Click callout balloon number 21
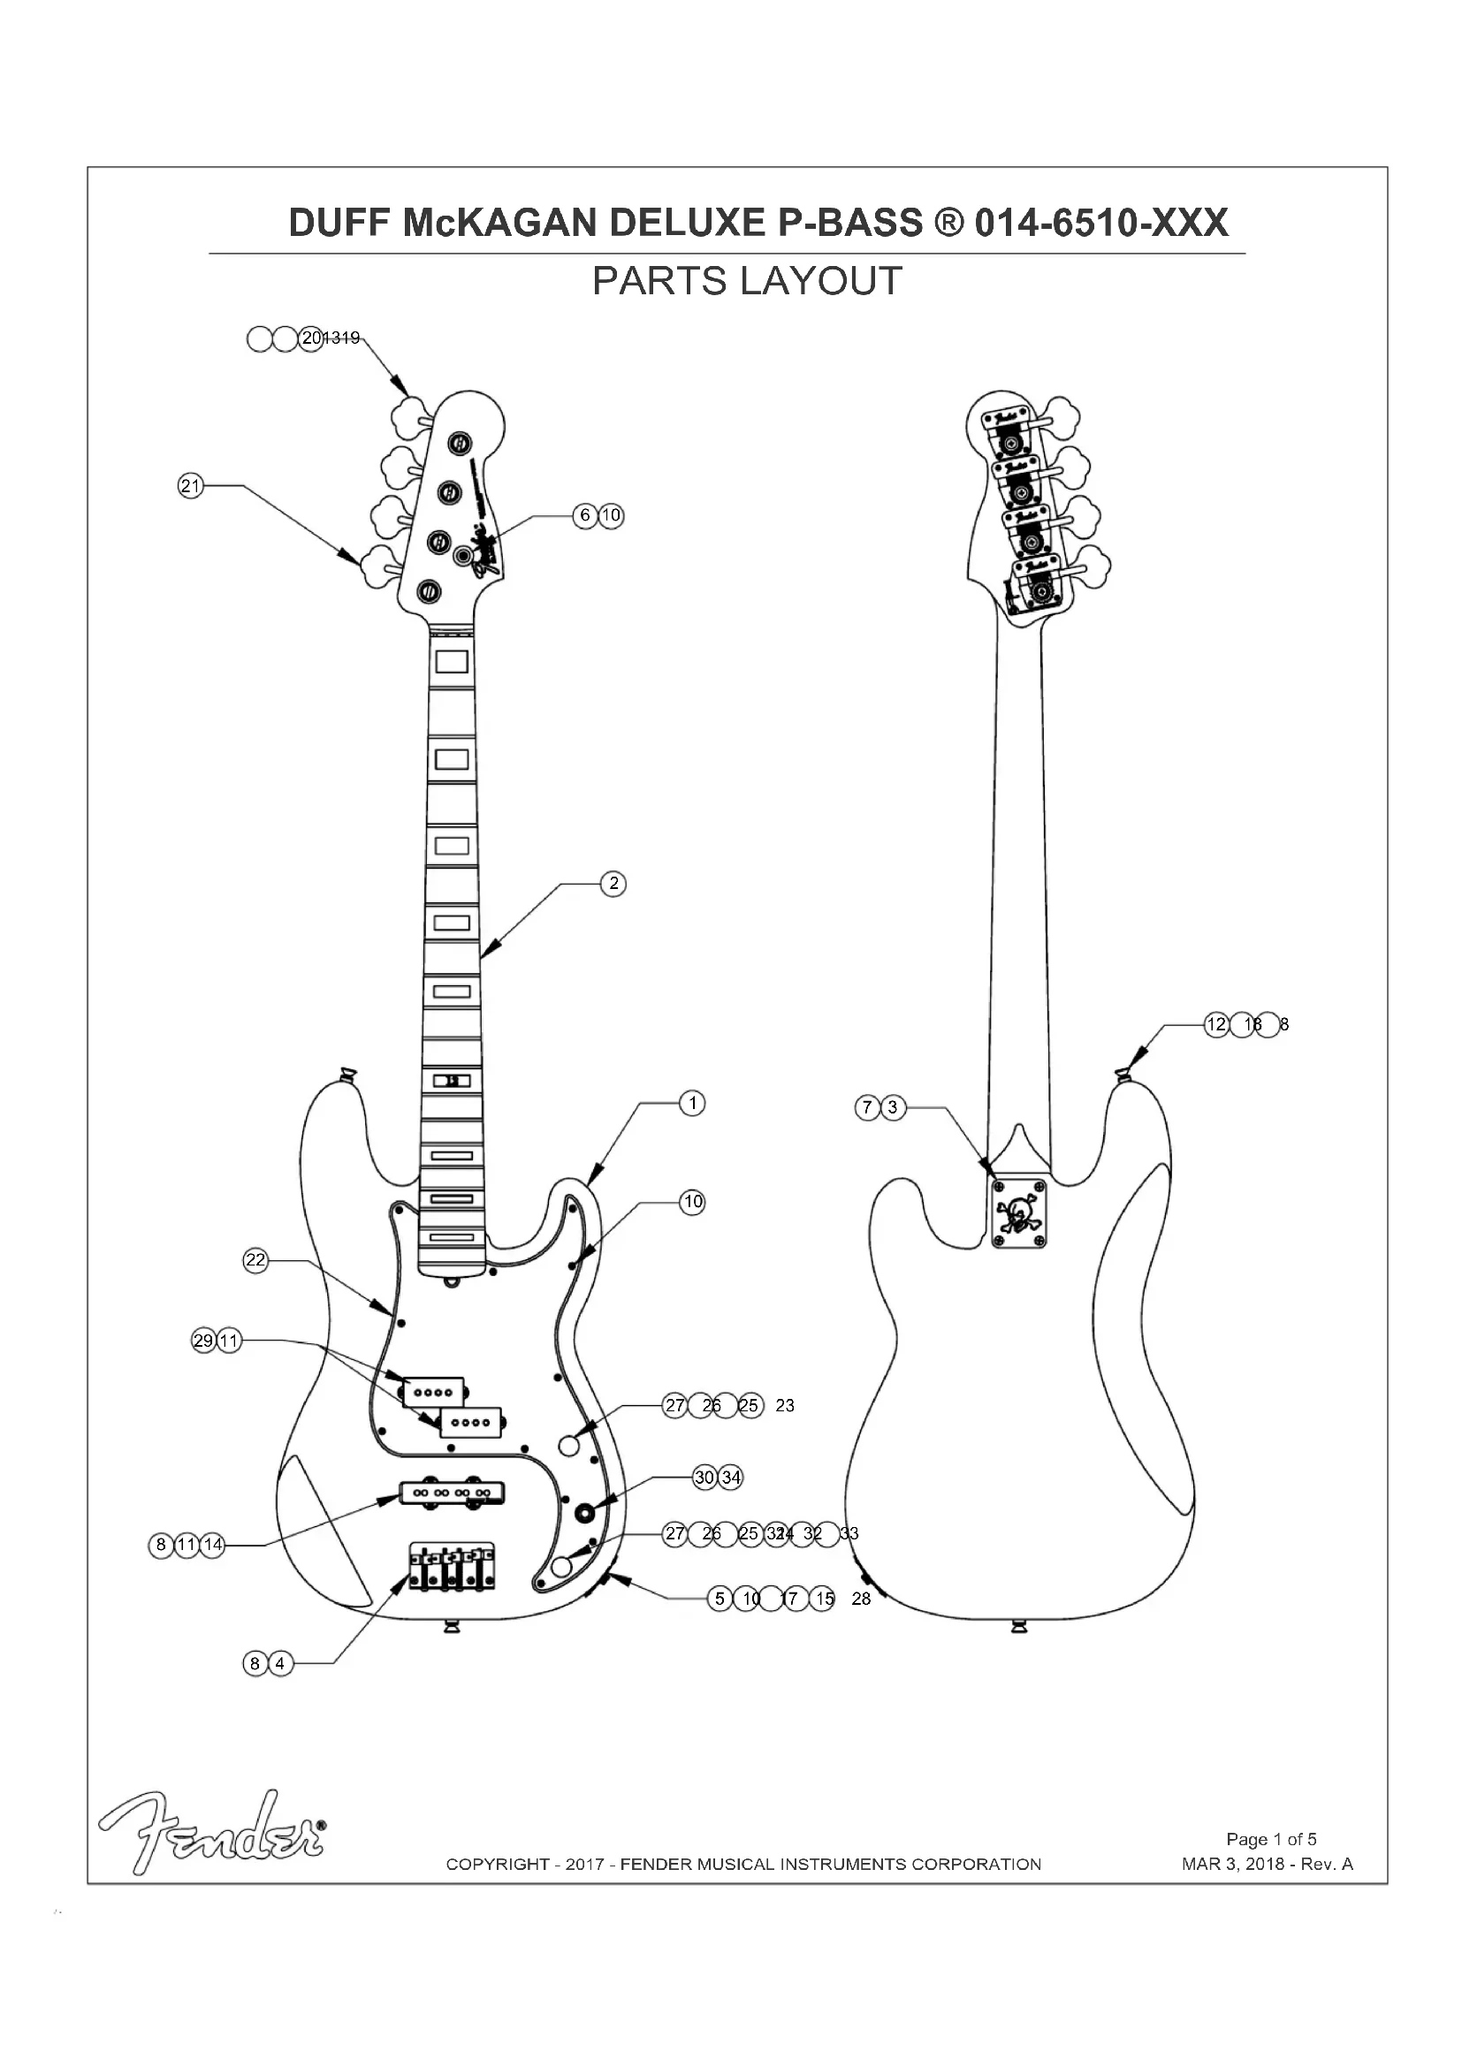(190, 486)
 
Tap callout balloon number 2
(613, 883)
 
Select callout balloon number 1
(692, 1103)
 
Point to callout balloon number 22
(255, 1259)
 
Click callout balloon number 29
(203, 1341)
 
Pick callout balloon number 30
(704, 1478)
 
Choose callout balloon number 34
(731, 1478)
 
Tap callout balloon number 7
(867, 1107)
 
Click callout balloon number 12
(1216, 1024)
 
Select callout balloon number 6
(585, 515)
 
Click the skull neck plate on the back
(1019, 1214)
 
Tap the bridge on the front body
(452, 1566)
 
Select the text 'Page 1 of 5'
(1271, 1839)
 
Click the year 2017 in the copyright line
(584, 1865)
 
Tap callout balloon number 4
(280, 1663)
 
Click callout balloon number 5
(720, 1598)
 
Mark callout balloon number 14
(212, 1545)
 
